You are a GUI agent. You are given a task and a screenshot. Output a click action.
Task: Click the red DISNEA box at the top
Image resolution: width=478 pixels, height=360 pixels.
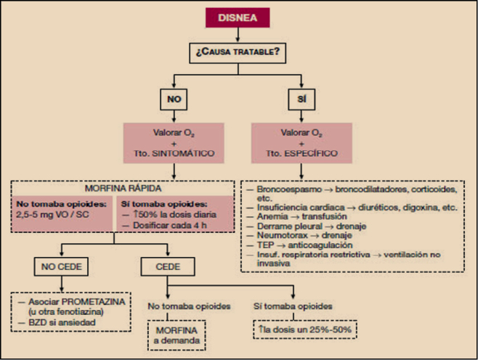[x=238, y=18]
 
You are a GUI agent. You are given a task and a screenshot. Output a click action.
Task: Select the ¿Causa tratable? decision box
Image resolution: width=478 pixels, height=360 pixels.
[x=238, y=53]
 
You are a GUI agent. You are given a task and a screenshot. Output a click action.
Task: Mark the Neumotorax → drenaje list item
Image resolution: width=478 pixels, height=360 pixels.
[x=299, y=235]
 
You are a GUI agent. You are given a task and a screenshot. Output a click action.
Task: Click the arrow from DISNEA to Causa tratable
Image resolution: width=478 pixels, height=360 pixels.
[x=238, y=36]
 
